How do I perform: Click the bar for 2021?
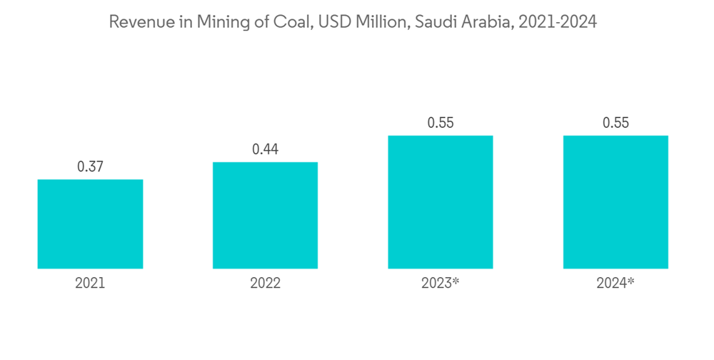tap(90, 224)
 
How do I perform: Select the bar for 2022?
tap(265, 215)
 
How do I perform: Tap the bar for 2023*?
tap(441, 202)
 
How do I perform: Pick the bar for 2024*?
tap(615, 202)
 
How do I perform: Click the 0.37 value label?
tap(90, 167)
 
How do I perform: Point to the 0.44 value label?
tap(265, 150)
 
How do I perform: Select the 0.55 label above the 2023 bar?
tap(441, 123)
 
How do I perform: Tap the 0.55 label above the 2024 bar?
tap(615, 123)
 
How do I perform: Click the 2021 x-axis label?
tap(90, 284)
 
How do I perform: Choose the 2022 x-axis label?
tap(265, 284)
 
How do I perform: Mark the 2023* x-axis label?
tap(441, 284)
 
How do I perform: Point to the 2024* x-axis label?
tap(615, 284)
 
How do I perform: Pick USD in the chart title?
tap(333, 22)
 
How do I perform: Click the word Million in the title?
tap(382, 22)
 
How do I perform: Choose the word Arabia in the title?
tap(486, 22)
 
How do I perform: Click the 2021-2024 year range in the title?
tap(558, 22)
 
